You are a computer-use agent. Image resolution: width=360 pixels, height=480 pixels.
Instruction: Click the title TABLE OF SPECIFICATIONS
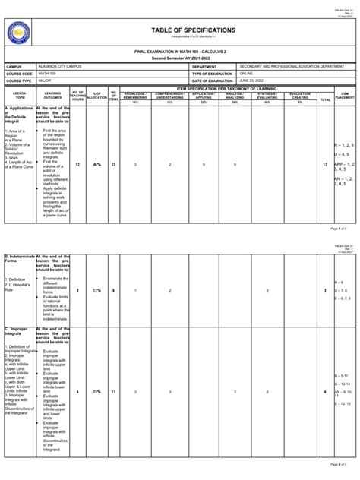click(x=193, y=30)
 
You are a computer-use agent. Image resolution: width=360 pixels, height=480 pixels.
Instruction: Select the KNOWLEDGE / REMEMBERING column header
click(x=135, y=96)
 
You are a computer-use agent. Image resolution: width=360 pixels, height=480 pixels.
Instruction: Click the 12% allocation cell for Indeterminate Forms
click(x=96, y=290)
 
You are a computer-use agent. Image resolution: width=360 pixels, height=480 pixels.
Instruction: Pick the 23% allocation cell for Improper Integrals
click(x=96, y=392)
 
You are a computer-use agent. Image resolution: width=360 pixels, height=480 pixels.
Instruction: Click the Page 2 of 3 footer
click(x=339, y=464)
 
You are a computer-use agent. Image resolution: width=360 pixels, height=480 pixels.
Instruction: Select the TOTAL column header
click(x=325, y=99)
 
